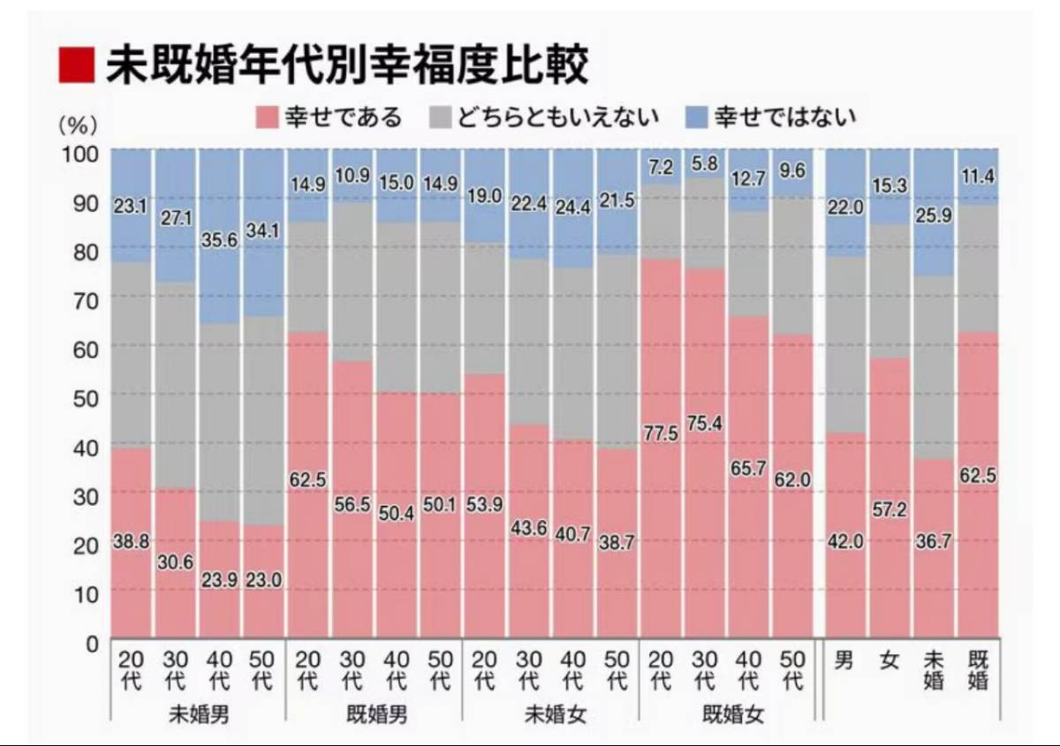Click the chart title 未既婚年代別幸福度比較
346,65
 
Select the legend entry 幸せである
328,117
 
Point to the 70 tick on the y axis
87,299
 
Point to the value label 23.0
264,582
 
